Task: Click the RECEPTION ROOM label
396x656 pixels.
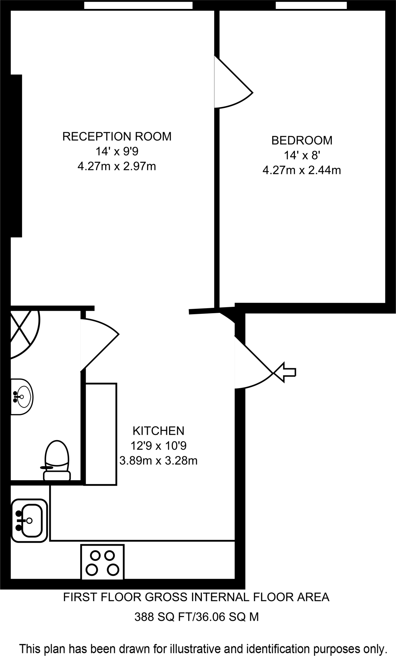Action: (x=117, y=136)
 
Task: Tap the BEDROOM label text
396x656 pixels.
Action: (x=301, y=140)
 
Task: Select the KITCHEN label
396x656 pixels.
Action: (x=158, y=431)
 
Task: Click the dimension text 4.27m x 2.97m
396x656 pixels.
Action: (x=117, y=167)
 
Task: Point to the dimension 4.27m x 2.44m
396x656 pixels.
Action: (x=301, y=170)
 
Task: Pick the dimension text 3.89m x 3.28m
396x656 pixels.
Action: (x=158, y=461)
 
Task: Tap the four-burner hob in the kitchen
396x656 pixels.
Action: (x=102, y=562)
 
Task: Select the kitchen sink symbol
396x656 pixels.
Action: (x=29, y=521)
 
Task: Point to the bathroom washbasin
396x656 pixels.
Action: (x=22, y=397)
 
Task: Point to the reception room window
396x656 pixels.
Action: (x=138, y=5)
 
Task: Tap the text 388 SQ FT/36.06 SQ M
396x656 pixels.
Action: (x=196, y=617)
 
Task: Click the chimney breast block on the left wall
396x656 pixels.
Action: (x=16, y=156)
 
